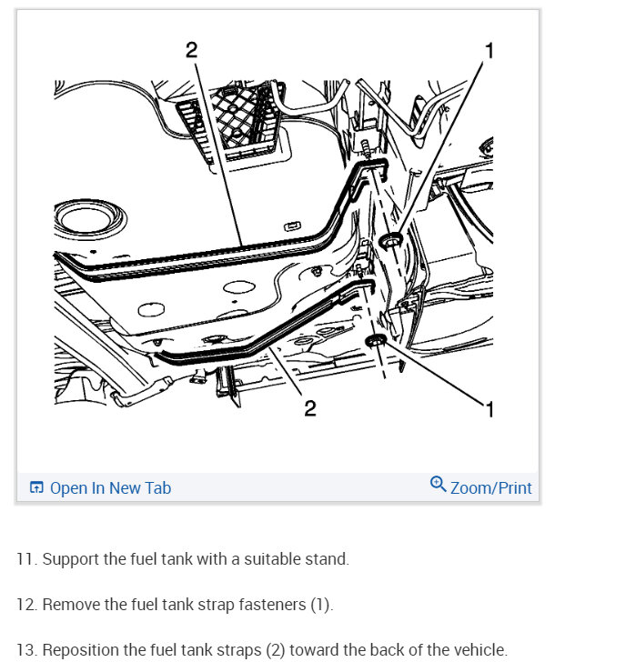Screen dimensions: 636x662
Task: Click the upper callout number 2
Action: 191,50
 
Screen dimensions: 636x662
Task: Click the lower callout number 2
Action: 310,408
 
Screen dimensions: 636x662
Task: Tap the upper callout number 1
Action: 490,51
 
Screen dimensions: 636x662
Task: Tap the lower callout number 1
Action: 490,409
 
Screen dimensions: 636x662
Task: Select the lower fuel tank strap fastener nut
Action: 376,340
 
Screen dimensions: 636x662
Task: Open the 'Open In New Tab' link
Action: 111,488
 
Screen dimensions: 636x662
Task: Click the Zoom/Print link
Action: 490,488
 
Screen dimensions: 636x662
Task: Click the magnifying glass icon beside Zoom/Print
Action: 438,485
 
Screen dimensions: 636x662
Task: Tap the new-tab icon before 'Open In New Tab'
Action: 36,487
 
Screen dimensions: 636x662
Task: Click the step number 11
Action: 27,559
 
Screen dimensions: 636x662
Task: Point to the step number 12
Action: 27,605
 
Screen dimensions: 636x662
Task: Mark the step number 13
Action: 27,650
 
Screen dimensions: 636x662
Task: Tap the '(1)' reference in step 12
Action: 320,605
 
